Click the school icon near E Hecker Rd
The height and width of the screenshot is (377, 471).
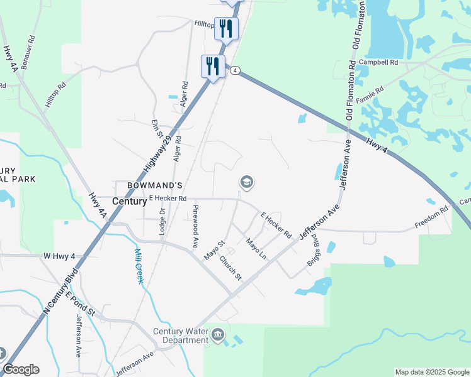[x=246, y=182]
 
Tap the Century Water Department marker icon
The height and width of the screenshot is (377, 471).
[x=218, y=334]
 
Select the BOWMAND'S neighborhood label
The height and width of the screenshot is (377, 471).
[x=154, y=185]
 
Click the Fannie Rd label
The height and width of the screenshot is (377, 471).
[x=370, y=97]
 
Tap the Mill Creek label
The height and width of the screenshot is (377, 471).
[x=139, y=266]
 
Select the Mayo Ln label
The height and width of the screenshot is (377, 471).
[x=256, y=249]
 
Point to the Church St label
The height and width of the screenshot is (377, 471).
[x=230, y=268]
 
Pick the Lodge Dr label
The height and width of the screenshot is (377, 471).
[x=162, y=222]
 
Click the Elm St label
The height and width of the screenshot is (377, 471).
[x=157, y=130]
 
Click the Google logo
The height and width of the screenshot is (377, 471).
[x=21, y=369]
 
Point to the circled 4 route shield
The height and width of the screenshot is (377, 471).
[x=234, y=70]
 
